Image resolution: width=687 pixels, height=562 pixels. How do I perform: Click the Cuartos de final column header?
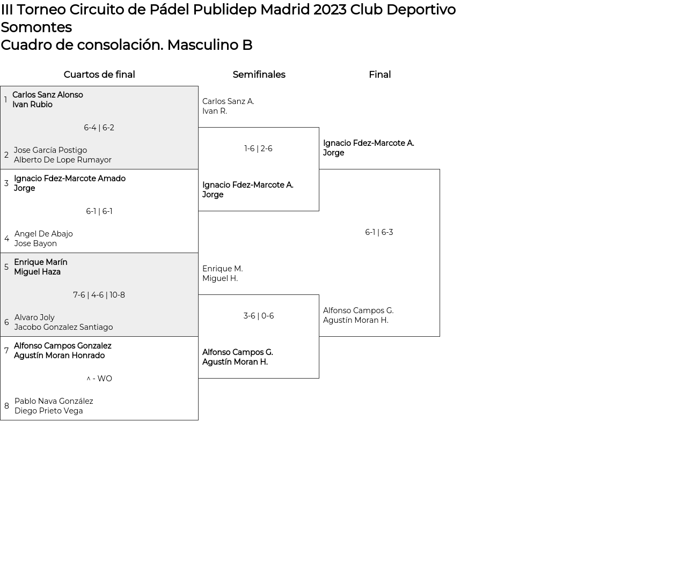coord(99,75)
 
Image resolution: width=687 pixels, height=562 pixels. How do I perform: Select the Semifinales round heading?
coord(259,75)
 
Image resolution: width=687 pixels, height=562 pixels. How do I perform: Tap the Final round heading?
coord(379,75)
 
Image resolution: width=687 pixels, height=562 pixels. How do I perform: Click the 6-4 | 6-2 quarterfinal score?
coord(99,128)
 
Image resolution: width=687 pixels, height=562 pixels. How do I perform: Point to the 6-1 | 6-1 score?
coord(99,211)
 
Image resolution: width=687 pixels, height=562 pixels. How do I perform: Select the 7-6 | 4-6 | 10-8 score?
coord(99,295)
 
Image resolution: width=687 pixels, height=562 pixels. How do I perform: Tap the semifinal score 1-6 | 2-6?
coord(258,149)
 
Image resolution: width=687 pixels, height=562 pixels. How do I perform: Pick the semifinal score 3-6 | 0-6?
coord(258,316)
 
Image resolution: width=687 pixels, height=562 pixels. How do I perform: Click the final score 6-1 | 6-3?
coord(379,232)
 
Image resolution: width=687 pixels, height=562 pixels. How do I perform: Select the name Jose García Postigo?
coord(50,150)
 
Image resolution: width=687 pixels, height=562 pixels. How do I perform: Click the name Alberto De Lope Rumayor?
coord(63,160)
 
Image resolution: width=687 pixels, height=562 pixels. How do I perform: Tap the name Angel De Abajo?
coord(43,234)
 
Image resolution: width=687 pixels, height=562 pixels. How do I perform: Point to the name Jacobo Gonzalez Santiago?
coord(63,327)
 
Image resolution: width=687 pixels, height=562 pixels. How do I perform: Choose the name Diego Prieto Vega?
coord(49,411)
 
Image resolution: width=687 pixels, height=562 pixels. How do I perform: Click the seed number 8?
coord(6,406)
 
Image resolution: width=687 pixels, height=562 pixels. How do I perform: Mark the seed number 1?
coord(5,100)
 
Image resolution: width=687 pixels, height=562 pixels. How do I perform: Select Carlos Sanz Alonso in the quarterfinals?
coord(48,95)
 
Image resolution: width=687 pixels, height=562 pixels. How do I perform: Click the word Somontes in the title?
coord(36,27)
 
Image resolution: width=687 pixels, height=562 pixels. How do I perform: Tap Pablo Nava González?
coord(54,401)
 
